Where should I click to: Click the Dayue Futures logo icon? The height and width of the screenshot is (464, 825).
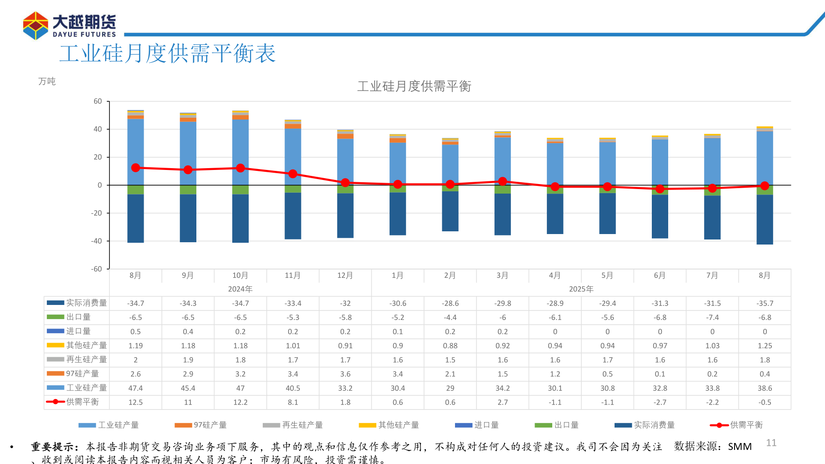pyautogui.click(x=35, y=25)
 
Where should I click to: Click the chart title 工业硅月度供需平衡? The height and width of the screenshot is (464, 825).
pyautogui.click(x=414, y=86)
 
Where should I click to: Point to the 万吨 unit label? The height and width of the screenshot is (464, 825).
pyautogui.click(x=47, y=81)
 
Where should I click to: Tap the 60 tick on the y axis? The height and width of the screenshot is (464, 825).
pyautogui.click(x=98, y=101)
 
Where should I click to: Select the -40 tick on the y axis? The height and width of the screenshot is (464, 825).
pyautogui.click(x=96, y=241)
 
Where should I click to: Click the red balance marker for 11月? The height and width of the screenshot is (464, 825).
pyautogui.click(x=293, y=174)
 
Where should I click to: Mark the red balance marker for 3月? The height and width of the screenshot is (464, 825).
pyautogui.click(x=502, y=181)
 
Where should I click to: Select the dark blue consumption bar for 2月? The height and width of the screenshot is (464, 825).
pyautogui.click(x=450, y=211)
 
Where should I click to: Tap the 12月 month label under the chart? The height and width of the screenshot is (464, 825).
pyautogui.click(x=345, y=275)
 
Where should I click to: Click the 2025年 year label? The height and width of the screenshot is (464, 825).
pyautogui.click(x=581, y=289)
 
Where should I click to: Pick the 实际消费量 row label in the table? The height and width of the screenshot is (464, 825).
pyautogui.click(x=86, y=303)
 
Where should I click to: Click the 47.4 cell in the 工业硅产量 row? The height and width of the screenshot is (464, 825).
pyautogui.click(x=135, y=388)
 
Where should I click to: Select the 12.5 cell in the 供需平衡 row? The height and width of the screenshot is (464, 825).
pyautogui.click(x=135, y=402)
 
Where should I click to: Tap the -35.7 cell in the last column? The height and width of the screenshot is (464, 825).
pyautogui.click(x=765, y=303)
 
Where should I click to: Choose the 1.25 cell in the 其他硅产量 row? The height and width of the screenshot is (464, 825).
pyautogui.click(x=765, y=346)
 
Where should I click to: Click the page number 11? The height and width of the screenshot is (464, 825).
pyautogui.click(x=771, y=443)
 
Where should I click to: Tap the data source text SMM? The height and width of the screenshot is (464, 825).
pyautogui.click(x=740, y=447)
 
